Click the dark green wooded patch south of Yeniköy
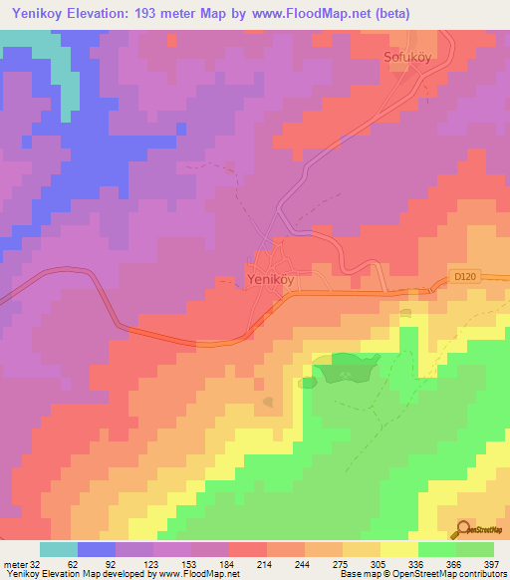click(x=344, y=371)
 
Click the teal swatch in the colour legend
click(x=58, y=549)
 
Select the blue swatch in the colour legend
click(x=96, y=549)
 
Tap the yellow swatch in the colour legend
click(x=398, y=549)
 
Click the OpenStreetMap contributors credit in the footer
click(x=444, y=574)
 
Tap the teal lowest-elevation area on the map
click(x=50, y=60)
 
